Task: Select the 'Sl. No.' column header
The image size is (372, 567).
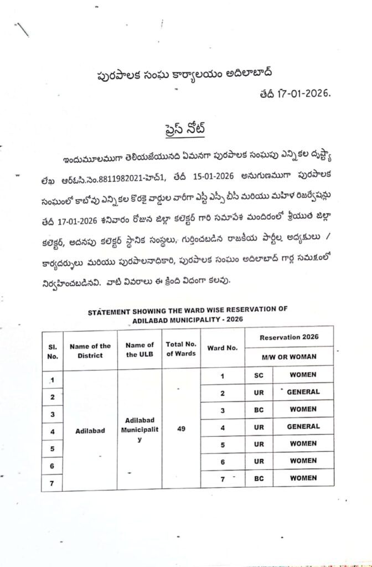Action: (53, 350)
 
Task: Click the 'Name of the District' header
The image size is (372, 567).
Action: (90, 350)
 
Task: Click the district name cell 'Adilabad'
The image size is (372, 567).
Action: (90, 430)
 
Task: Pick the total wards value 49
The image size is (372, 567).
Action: (181, 427)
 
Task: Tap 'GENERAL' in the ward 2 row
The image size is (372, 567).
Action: (304, 392)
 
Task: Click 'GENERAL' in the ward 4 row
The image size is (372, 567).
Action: (304, 426)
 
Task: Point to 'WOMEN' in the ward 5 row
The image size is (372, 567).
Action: (304, 444)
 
